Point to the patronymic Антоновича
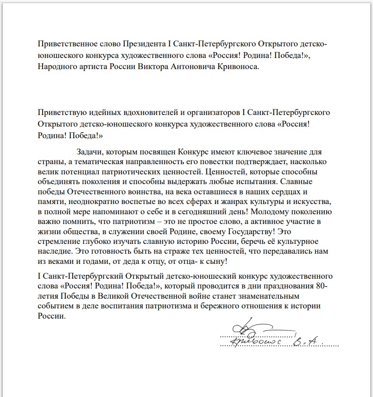[x=201, y=67]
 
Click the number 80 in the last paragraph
[x=323, y=286]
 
